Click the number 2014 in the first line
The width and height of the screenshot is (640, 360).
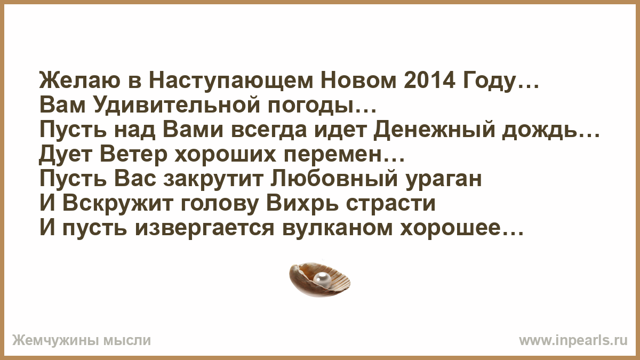coord(429,81)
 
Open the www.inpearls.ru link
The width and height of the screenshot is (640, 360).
coord(573,341)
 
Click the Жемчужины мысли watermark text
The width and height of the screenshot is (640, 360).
coord(82,340)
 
